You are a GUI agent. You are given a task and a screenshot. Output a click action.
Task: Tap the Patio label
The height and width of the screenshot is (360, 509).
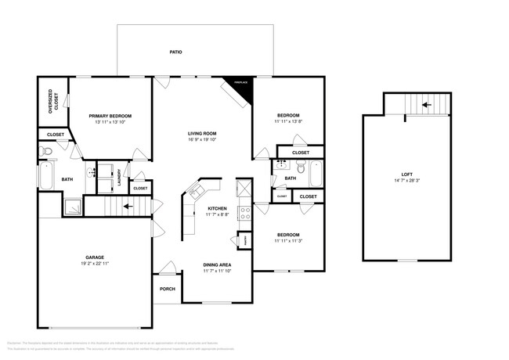tap(176, 52)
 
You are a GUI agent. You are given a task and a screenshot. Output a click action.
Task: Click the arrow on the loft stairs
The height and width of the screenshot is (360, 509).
tap(426, 103)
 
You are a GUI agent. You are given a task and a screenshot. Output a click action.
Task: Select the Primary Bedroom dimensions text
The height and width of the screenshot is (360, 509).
tap(110, 122)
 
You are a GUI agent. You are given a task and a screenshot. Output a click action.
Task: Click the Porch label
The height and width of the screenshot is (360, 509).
tap(168, 288)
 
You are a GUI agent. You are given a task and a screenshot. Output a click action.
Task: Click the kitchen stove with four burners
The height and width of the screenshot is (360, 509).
tap(244, 210)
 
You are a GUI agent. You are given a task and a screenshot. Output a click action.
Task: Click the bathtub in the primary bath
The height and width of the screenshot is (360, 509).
tap(47, 177)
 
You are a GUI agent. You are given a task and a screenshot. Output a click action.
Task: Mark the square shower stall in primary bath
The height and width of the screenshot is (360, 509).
tap(74, 206)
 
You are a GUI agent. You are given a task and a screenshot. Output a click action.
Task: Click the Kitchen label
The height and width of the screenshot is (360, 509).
tap(217, 208)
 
